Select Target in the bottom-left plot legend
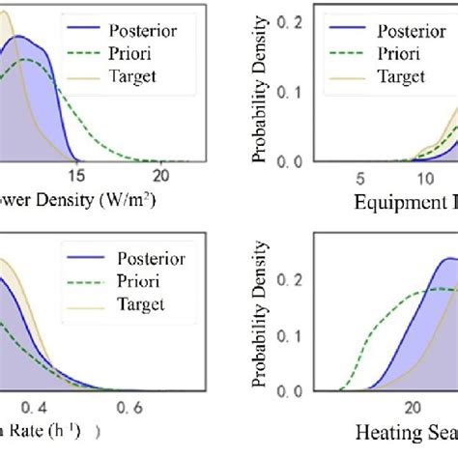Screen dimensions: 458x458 [x=143, y=304]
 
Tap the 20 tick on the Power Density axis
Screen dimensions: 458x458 [x=160, y=175]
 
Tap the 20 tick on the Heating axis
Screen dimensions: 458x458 [x=412, y=407]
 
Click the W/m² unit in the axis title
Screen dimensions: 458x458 [x=118, y=203]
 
